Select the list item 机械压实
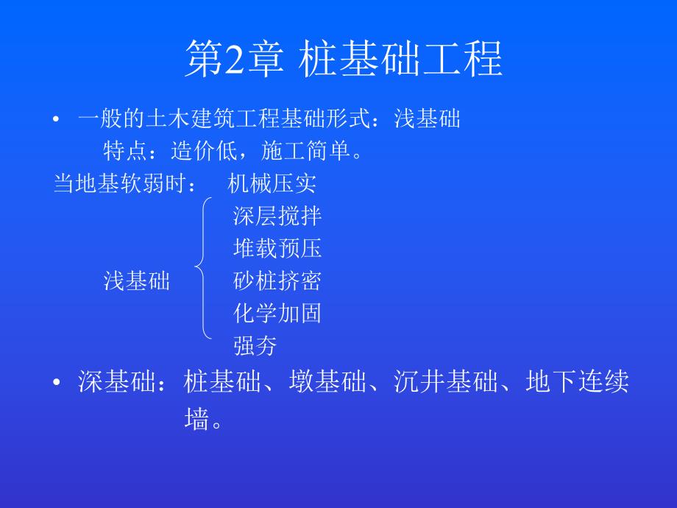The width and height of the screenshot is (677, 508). [272, 183]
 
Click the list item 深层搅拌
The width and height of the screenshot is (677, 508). [277, 216]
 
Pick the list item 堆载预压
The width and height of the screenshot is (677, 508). [277, 249]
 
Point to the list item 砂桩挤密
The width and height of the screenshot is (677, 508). [277, 281]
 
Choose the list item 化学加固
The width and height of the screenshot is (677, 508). [277, 314]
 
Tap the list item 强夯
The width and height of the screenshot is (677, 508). [255, 345]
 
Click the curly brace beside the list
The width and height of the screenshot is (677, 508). [204, 267]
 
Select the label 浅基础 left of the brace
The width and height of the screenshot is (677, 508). [137, 281]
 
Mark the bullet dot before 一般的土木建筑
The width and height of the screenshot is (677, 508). [56, 119]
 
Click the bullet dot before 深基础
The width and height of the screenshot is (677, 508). [56, 384]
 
